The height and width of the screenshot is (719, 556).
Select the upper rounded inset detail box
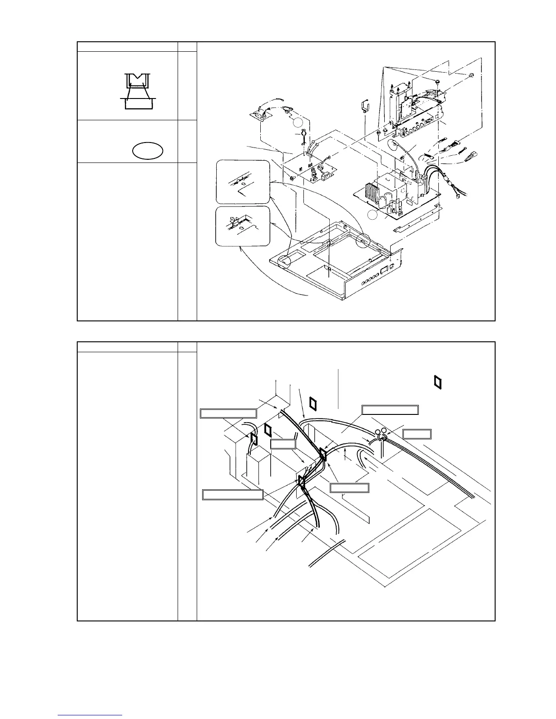coord(242,182)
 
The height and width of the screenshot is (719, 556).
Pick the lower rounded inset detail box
coord(242,226)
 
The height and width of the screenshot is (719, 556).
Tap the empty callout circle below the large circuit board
coord(373,216)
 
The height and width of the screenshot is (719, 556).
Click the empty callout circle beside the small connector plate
coord(297,123)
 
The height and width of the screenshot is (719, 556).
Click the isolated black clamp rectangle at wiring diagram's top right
coord(437,382)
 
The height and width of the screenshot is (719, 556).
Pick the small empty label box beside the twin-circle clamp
coord(417,434)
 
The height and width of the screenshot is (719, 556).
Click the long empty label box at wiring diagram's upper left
coord(228,413)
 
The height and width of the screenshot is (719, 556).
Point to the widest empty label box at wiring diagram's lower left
coord(233,495)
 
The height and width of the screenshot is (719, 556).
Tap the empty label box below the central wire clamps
coord(349,488)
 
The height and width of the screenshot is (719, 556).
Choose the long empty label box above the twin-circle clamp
coord(390,410)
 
